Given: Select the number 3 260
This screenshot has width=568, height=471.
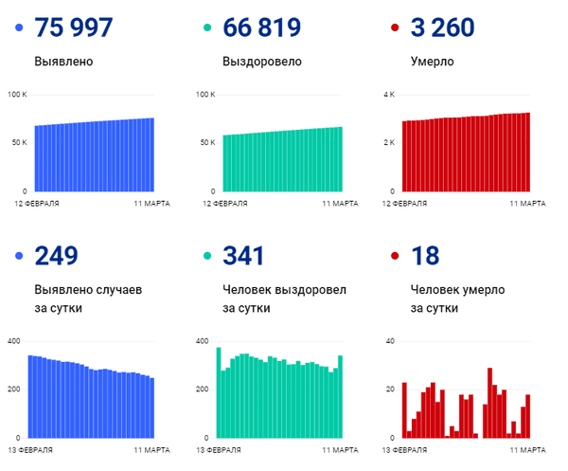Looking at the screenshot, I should (446, 27).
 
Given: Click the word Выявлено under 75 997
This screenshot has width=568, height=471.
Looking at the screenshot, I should (63, 63).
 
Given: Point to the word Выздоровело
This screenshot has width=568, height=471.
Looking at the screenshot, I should (262, 63).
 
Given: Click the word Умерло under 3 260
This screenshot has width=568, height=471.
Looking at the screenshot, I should (433, 63).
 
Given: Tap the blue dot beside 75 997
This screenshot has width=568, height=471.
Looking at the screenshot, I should (19, 28).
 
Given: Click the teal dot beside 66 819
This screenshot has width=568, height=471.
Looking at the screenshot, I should (207, 28).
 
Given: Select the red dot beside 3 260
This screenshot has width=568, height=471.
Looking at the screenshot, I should (396, 28).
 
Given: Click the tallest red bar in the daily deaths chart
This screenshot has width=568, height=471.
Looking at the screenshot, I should (489, 403).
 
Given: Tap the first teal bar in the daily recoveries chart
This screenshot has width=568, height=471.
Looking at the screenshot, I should (219, 392).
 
